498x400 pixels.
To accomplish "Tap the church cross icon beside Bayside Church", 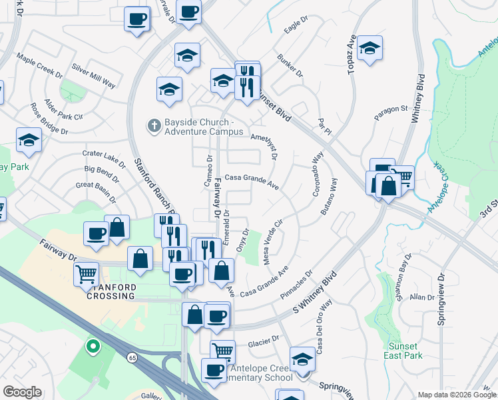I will point(152,125).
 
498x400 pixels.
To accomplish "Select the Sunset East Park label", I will point(403,351).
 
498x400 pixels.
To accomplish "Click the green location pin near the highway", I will point(93,347).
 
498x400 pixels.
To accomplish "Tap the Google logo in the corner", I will point(22,392).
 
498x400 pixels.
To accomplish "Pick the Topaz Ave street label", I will point(348,51).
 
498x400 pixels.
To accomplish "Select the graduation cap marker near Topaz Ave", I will point(369,48).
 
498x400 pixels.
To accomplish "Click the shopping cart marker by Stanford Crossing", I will point(86,273).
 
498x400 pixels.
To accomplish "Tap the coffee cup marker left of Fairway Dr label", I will point(96,234).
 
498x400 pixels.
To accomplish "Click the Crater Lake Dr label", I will point(104,157).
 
